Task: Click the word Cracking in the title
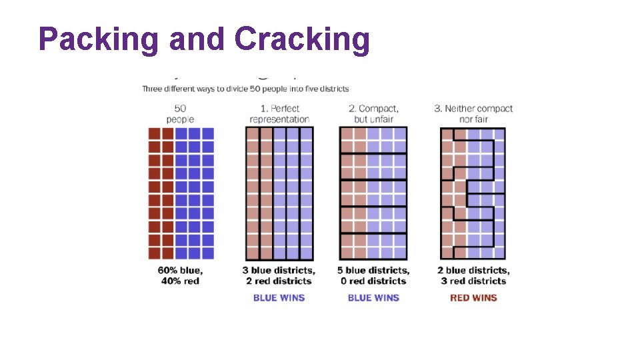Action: click(x=302, y=39)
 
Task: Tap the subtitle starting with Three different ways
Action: click(x=245, y=89)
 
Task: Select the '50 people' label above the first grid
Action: click(x=180, y=114)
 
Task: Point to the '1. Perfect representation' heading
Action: click(x=279, y=114)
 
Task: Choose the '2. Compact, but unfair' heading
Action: click(x=373, y=114)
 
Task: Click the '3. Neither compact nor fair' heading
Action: click(x=473, y=114)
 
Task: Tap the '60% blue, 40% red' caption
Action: click(x=180, y=275)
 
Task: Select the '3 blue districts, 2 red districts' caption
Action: click(x=279, y=275)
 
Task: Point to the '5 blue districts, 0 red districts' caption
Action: click(x=373, y=275)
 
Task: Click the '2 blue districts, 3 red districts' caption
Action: click(x=473, y=275)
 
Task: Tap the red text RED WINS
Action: click(x=473, y=297)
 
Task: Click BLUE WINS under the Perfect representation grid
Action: click(x=279, y=297)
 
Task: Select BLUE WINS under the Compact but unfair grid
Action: click(x=373, y=297)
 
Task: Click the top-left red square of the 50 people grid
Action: click(x=155, y=134)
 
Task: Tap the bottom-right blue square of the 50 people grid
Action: click(x=208, y=253)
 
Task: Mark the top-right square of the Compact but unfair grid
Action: click(x=400, y=134)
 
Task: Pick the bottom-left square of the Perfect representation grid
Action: click(x=253, y=253)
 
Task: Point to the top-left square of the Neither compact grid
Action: click(x=447, y=134)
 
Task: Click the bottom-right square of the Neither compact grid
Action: click(x=499, y=253)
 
